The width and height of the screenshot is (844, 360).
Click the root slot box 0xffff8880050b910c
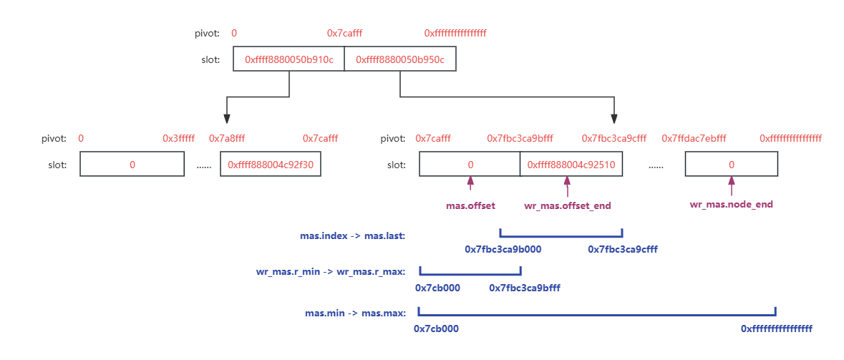coord(288,60)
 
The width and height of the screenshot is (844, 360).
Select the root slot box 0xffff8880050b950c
coord(399,60)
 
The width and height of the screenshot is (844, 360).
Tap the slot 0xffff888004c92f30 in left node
coord(271,165)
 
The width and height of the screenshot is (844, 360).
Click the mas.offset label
coord(470,205)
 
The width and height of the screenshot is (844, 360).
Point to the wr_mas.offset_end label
coord(567,206)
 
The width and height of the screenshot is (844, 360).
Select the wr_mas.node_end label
coord(731,205)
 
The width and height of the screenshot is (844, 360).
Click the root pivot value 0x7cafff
coord(344,34)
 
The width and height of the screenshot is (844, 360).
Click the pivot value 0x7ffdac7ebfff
coord(694,138)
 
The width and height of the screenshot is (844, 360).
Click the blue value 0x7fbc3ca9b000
coord(503,250)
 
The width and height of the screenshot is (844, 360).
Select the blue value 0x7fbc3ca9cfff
coord(622,250)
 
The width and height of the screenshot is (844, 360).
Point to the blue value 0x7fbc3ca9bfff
coord(524,288)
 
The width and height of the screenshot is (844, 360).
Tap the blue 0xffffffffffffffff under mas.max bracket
coord(776,329)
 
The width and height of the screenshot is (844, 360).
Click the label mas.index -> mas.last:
coord(352,235)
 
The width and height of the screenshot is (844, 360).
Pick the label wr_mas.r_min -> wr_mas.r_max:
coord(331,272)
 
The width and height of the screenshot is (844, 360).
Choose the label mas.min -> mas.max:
coord(356,313)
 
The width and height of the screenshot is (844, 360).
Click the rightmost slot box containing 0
coord(731,165)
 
